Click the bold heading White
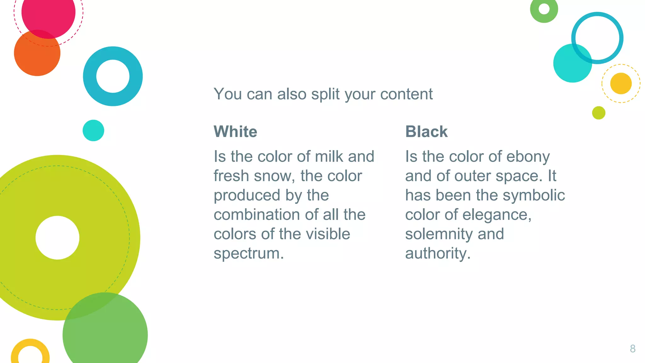pos(235,131)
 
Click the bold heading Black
pos(426,131)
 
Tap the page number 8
pos(632,349)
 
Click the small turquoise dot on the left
pos(93,130)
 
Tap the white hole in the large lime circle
pos(57,238)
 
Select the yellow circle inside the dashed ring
pos(621,84)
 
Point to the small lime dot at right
pos(598,113)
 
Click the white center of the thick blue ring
pos(113,76)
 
